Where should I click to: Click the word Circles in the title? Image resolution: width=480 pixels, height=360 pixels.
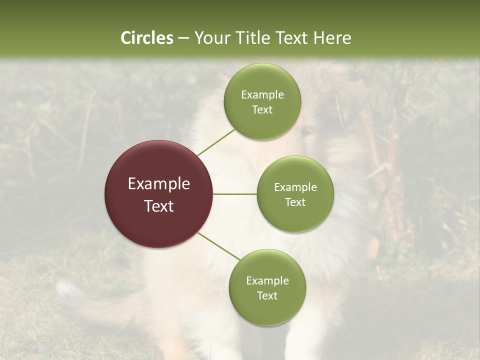coord(146,37)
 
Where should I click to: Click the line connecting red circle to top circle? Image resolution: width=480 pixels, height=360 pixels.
coord(216,141)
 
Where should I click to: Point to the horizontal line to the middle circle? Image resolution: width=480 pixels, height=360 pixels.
coord(235,194)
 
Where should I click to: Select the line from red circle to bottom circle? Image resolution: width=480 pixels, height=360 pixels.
coord(219,246)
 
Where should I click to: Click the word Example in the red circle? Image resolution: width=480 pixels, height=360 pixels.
coord(159,184)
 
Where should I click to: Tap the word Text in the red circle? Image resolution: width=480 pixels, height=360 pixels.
coord(159,206)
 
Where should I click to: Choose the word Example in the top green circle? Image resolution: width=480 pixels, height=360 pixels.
coord(262,94)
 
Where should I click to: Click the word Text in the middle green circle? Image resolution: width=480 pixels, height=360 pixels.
coord(295,202)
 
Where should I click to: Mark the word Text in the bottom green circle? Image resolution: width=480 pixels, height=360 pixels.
coord(267,295)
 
